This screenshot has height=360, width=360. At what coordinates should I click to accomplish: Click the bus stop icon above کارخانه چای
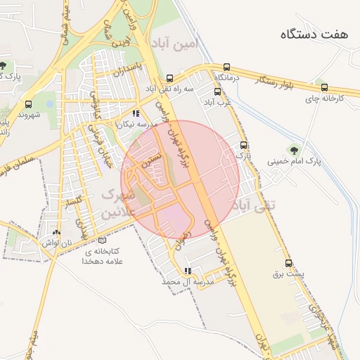click(324, 88)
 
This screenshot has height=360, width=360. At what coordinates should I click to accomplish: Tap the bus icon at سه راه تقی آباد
click(169, 79)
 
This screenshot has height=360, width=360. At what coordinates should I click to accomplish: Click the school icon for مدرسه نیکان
click(136, 113)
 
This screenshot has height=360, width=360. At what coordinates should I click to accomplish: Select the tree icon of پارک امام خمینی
click(292, 149)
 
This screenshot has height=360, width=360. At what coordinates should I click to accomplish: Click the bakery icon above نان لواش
click(56, 233)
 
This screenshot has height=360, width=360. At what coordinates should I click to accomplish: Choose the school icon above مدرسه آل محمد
click(187, 271)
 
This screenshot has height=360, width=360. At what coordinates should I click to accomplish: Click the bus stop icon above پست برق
click(288, 262)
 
